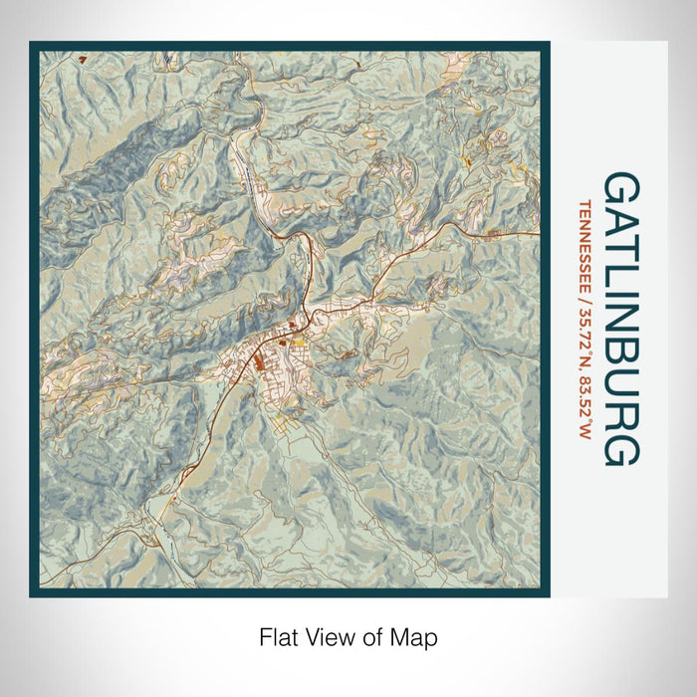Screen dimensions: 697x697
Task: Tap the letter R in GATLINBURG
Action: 620,419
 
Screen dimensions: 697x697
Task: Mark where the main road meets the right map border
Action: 539,234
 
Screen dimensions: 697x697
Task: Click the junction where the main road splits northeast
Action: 313,315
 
